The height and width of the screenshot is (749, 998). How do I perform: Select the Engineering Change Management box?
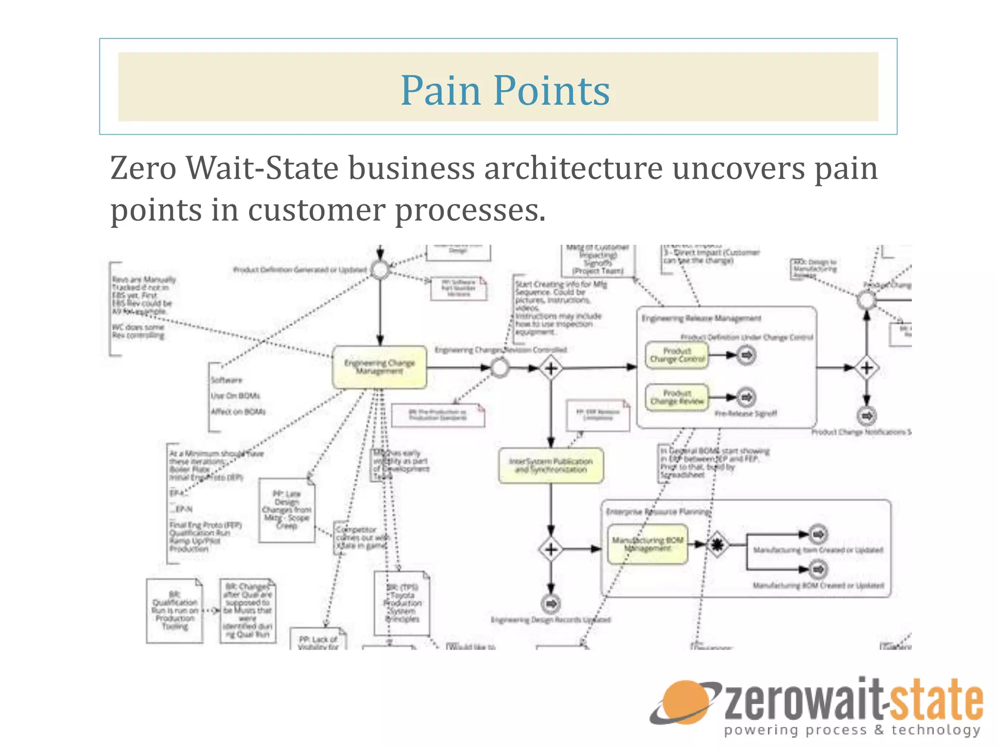380,367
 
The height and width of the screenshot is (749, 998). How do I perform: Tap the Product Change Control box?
677,355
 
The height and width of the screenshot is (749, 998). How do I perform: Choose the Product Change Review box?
677,397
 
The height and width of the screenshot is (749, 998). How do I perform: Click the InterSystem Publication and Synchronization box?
551,466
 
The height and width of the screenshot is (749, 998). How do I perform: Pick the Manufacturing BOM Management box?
648,544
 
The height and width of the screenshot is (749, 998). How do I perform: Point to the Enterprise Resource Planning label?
658,512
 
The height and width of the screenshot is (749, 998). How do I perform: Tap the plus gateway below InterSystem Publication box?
551,550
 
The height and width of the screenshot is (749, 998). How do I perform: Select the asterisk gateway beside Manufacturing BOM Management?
717,544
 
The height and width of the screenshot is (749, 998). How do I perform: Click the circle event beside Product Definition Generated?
380,270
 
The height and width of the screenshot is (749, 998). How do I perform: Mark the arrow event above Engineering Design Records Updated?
551,604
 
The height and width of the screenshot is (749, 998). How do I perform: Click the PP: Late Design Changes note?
287,510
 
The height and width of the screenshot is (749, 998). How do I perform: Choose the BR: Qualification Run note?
174,611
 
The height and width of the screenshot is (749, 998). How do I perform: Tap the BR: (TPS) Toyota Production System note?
402,604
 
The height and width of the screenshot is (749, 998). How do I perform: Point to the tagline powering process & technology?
852,730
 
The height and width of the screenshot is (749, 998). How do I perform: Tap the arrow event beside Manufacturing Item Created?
818,534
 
